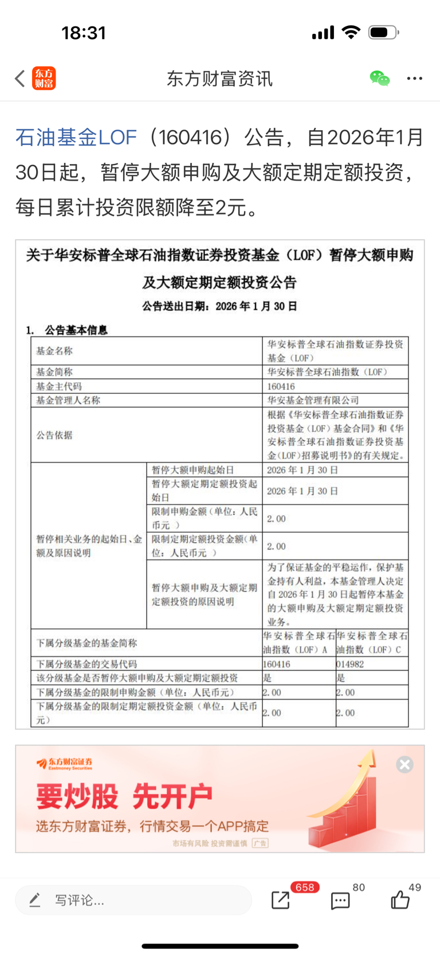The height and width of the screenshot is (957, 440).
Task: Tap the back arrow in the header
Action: click(20, 79)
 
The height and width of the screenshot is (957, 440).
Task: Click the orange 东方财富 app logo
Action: click(44, 79)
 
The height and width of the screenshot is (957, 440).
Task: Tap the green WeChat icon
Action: click(379, 79)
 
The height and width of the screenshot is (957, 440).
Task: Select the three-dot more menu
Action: click(414, 79)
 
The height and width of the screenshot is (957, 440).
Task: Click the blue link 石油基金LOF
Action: click(76, 138)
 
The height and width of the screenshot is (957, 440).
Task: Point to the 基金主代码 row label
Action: click(59, 386)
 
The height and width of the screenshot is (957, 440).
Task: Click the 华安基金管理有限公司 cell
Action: click(313, 400)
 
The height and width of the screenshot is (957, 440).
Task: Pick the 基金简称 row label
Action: click(54, 372)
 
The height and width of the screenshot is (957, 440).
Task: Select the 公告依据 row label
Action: click(54, 435)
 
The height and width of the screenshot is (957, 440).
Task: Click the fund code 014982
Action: click(350, 665)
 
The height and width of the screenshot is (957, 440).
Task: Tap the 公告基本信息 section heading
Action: click(76, 330)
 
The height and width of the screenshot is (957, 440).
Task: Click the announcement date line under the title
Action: click(220, 306)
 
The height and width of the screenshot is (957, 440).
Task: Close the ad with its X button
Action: click(404, 764)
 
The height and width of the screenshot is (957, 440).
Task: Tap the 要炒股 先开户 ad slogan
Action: click(124, 796)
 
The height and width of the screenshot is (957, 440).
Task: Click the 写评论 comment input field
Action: click(133, 900)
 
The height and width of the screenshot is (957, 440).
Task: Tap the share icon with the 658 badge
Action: click(281, 900)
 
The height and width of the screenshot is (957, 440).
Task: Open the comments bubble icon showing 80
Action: click(340, 900)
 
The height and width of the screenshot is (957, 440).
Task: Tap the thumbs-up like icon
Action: click(400, 900)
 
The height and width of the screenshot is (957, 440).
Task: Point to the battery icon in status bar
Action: click(383, 33)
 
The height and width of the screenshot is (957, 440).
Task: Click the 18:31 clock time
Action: click(84, 33)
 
